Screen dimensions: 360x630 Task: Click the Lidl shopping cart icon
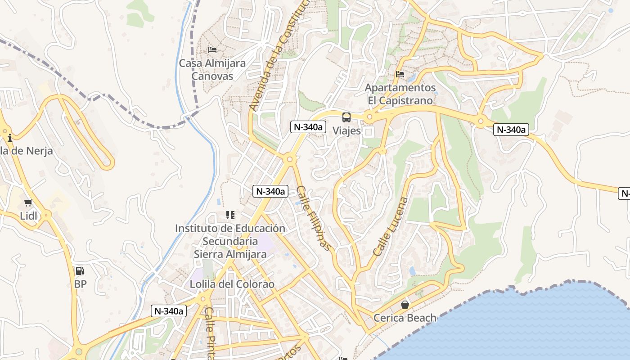[28, 203]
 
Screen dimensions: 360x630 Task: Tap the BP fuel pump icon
[80, 271]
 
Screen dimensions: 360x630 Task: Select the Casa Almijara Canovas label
[212, 69]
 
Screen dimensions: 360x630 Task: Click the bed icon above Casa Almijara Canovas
[212, 49]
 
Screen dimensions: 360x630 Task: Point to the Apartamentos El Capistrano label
[400, 94]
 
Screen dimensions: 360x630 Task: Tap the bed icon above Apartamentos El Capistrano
[400, 74]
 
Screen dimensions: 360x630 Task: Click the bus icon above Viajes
[346, 117]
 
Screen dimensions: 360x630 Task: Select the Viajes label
[346, 130]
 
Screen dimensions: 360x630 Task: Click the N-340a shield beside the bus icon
[308, 127]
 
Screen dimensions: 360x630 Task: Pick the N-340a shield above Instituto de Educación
[270, 191]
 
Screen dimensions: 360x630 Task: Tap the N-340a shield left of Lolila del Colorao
[168, 310]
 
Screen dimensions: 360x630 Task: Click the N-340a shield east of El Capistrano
[511, 130]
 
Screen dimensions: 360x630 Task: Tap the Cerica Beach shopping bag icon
[405, 305]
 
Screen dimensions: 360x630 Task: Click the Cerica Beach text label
[405, 318]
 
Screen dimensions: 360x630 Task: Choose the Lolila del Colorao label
[232, 284]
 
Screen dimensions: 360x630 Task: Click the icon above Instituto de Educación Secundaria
[230, 215]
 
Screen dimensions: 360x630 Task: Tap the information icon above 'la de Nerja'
[10, 138]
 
